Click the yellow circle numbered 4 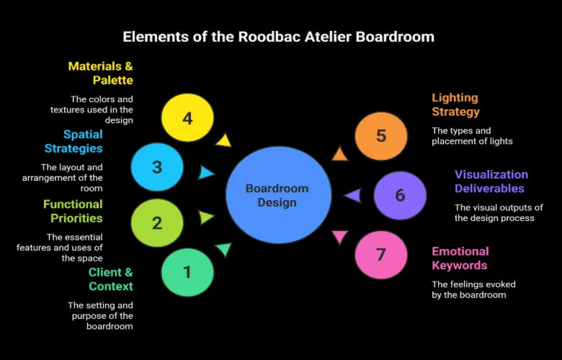187,118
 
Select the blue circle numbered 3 157,168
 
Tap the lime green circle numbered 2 157,223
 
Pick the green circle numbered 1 187,272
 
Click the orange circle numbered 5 381,135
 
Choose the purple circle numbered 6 400,195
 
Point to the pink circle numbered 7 381,254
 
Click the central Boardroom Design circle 277,195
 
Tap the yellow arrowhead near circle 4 223,140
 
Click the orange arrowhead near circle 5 339,153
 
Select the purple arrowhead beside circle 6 352,195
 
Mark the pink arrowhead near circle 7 339,237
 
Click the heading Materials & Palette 100,73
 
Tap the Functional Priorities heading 73,211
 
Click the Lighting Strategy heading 455,104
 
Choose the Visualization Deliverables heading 491,181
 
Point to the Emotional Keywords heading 460,258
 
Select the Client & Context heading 111,279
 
